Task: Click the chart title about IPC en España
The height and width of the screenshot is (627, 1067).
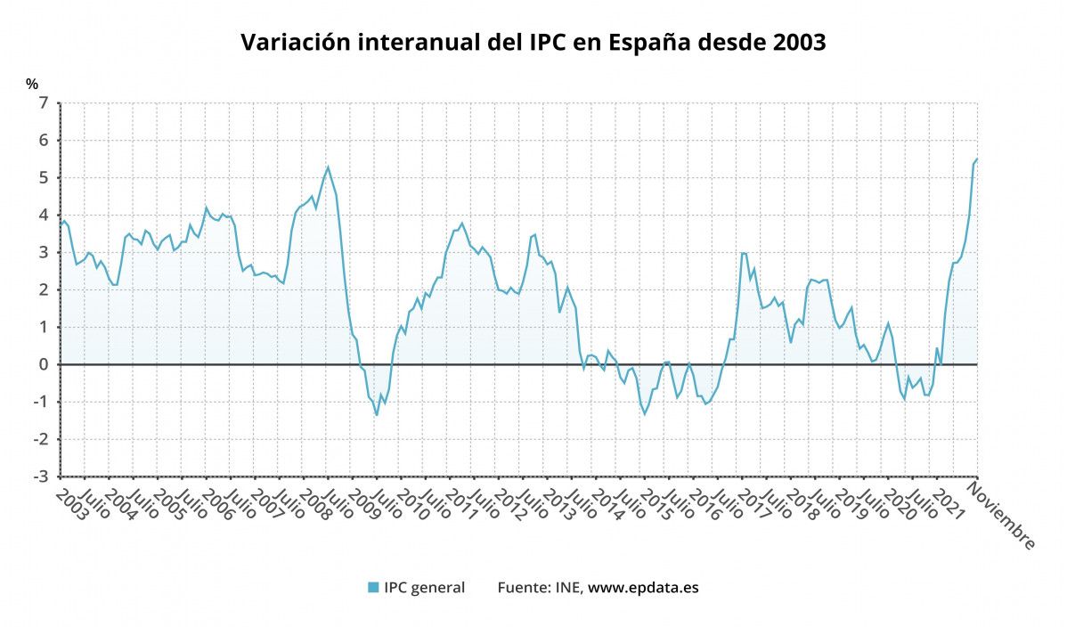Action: coord(533,43)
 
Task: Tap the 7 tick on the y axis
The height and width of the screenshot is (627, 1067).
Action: coord(43,103)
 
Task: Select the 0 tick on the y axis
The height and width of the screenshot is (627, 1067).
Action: coord(43,365)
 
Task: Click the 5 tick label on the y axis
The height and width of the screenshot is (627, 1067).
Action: coord(43,178)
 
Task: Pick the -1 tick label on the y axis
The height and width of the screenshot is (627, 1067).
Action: coord(39,403)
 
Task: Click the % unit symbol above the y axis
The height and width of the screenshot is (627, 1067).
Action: coord(32,85)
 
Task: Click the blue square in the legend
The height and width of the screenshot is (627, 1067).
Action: coord(373,587)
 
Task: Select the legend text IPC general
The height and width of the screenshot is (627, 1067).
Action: coord(424,587)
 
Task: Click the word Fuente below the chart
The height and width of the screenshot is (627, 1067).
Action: coord(524,587)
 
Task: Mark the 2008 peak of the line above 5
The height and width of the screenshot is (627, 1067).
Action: coord(328,167)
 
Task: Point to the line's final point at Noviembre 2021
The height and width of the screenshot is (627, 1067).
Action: coord(977,159)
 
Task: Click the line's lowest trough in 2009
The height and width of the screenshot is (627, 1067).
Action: coord(377,415)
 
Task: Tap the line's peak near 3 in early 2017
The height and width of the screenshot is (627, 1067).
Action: coord(742,253)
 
